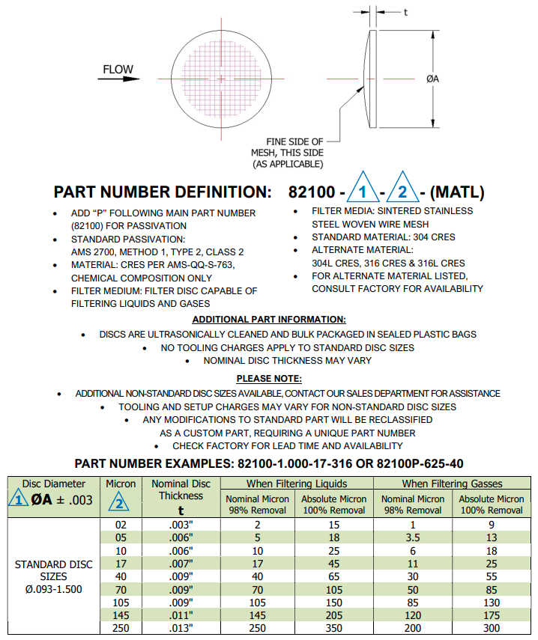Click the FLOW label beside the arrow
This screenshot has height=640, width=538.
[x=118, y=70]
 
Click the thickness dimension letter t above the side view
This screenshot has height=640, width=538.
[x=405, y=12]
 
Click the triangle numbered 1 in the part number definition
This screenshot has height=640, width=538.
[x=363, y=192]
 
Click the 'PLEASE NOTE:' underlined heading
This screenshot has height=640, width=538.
[x=269, y=378]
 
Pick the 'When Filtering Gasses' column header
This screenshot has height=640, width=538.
[x=452, y=484]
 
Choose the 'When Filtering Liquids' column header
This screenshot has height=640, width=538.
[x=297, y=484]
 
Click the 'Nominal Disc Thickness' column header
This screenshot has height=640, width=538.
[x=181, y=490]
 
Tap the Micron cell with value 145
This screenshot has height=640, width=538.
[x=121, y=615]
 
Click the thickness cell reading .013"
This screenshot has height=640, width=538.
[x=181, y=627]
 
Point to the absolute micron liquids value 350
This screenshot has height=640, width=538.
[x=333, y=627]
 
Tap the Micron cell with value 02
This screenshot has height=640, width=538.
[x=121, y=525]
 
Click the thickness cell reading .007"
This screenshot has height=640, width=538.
[x=181, y=563]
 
